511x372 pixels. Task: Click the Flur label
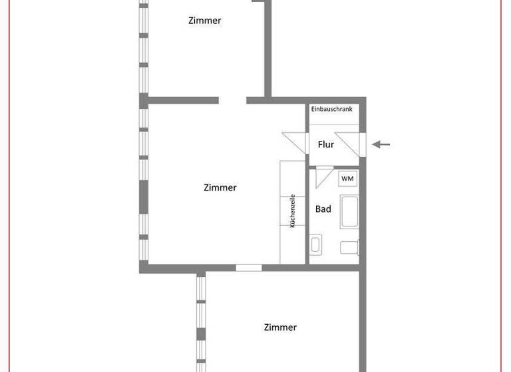click(x=326, y=144)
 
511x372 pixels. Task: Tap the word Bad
click(x=323, y=209)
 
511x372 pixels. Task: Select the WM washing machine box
click(x=348, y=179)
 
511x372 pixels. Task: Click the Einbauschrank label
click(x=332, y=108)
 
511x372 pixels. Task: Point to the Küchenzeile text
click(x=292, y=211)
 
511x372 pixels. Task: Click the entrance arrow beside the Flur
click(x=381, y=144)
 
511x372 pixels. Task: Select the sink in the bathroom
click(x=317, y=244)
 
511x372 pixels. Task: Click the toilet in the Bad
click(x=349, y=248)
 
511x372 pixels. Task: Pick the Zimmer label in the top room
click(x=204, y=21)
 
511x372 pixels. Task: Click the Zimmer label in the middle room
click(x=220, y=188)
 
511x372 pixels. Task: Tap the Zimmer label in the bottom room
click(x=280, y=327)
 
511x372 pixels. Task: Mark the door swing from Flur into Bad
click(x=325, y=178)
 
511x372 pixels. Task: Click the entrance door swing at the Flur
click(x=351, y=143)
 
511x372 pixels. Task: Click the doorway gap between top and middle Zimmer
click(x=232, y=100)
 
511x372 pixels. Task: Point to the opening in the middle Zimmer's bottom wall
click(x=249, y=268)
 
